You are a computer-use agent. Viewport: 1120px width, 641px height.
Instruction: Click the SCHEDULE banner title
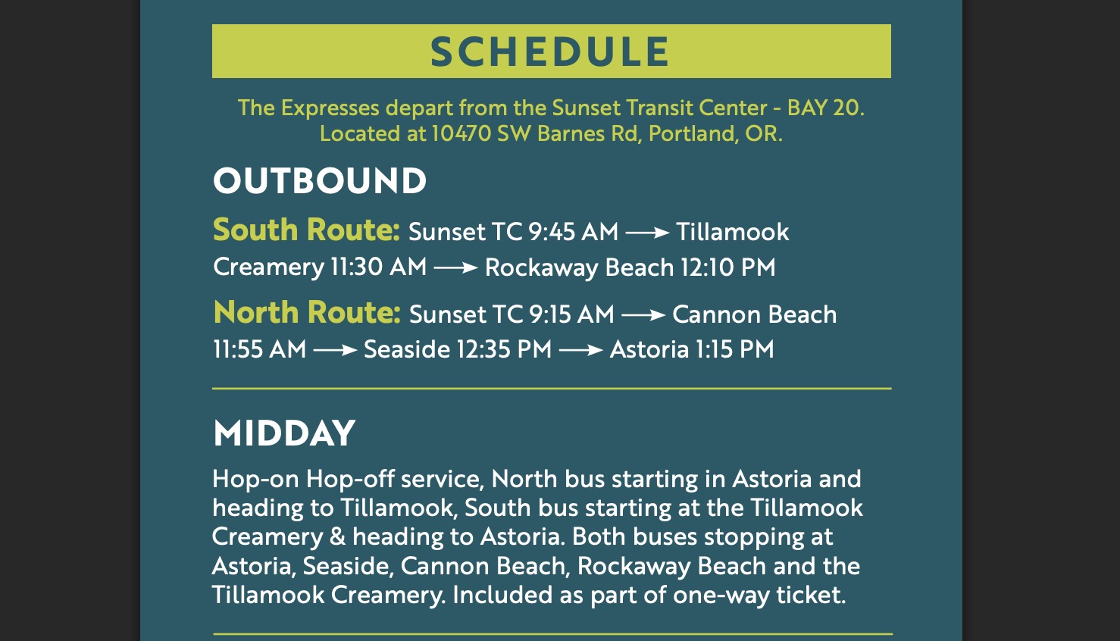[x=550, y=51]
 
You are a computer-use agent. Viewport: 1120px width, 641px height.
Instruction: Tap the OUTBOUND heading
[x=320, y=180]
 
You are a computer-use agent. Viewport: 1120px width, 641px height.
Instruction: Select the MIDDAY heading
[x=284, y=433]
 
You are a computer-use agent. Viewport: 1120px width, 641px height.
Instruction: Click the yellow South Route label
[x=306, y=230]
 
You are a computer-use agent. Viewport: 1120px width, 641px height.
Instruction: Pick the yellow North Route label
[x=307, y=312]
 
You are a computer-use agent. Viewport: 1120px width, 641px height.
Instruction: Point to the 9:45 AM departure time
[x=573, y=232]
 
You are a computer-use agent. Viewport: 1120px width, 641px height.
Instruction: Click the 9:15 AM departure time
[x=571, y=314]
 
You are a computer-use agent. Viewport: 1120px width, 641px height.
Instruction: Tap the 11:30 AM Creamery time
[x=378, y=267]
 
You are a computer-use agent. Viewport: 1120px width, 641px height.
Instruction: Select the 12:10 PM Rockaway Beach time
[x=727, y=267]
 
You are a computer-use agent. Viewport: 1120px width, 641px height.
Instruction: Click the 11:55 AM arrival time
[x=259, y=349]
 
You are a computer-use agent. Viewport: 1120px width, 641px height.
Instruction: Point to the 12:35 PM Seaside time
[x=504, y=349]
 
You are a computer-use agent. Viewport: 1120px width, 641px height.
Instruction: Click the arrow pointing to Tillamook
[x=647, y=233]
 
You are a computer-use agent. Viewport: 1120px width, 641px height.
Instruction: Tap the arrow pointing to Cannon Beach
[x=643, y=315]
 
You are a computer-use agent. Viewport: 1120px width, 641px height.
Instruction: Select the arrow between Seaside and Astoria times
[x=580, y=349]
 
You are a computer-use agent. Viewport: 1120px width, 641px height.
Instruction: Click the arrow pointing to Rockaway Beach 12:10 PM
[x=455, y=267]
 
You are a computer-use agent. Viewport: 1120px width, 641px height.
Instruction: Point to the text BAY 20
[x=825, y=108]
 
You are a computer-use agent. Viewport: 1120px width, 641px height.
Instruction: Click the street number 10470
[x=461, y=133]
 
